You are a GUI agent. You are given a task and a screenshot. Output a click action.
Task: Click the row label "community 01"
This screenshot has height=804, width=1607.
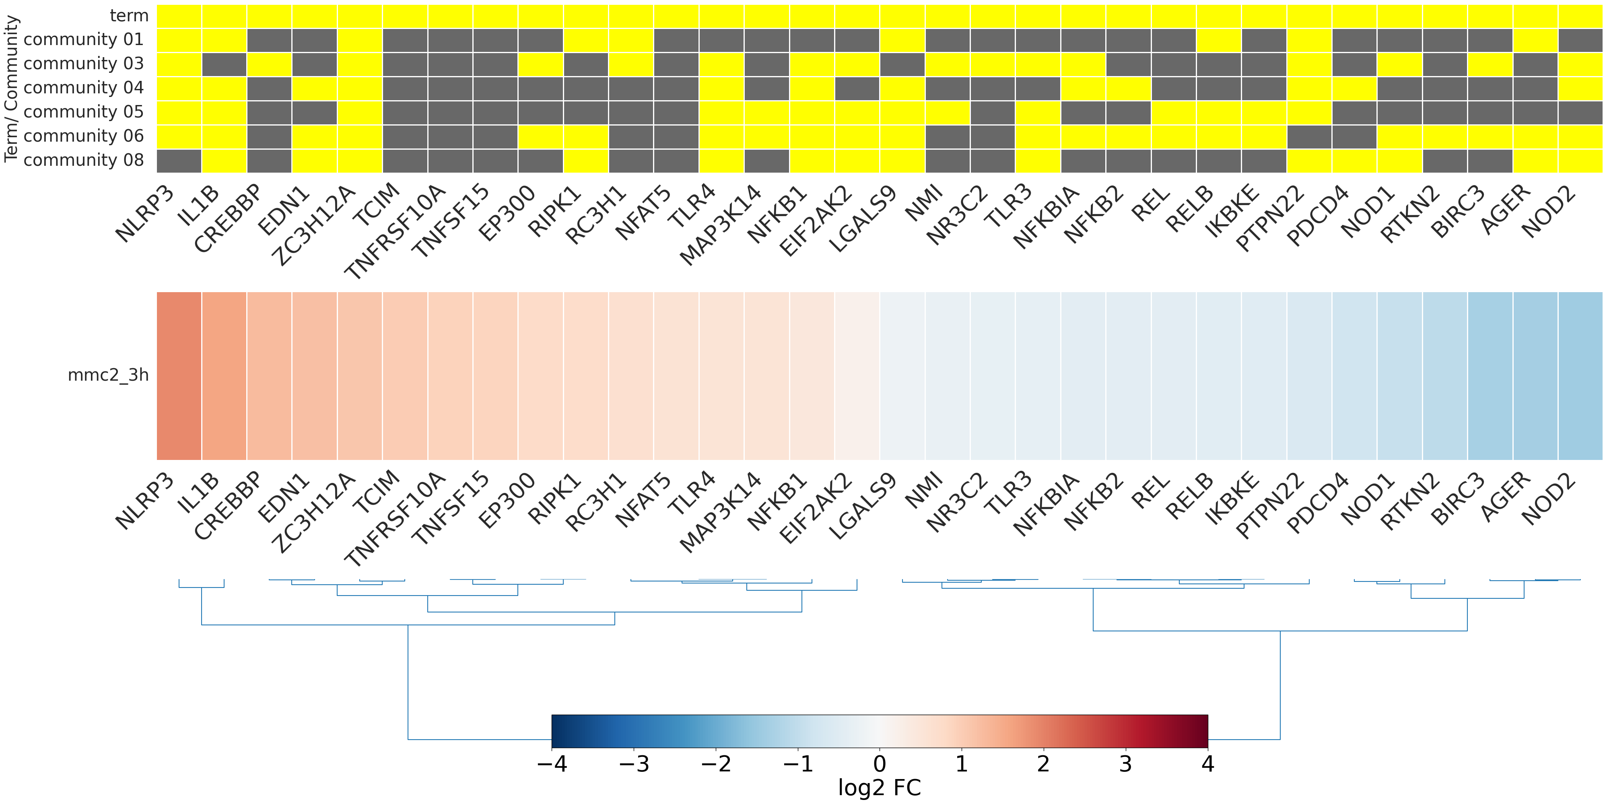[x=84, y=39]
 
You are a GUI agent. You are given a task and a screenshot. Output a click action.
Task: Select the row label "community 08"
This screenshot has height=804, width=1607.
[x=84, y=160]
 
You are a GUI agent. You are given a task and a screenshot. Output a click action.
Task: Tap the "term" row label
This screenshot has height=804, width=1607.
[x=129, y=16]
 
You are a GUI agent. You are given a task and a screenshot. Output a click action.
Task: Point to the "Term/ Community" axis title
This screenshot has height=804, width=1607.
[x=11, y=88]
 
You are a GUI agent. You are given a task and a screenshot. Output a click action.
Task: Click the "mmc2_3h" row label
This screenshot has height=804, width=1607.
[x=108, y=375]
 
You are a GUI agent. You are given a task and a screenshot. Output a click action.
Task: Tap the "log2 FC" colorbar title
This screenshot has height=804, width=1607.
[x=880, y=788]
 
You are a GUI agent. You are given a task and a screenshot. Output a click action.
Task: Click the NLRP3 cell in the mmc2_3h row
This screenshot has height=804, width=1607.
[x=179, y=375]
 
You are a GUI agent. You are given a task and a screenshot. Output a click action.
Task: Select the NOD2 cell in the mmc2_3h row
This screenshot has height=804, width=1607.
[x=1580, y=375]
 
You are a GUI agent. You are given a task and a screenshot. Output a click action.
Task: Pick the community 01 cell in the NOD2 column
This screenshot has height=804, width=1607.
[x=1580, y=40]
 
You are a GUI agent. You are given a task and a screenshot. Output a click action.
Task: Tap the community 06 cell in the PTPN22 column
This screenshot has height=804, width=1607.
[x=1309, y=136]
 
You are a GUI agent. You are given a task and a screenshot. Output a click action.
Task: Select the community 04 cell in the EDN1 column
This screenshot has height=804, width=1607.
[x=314, y=89]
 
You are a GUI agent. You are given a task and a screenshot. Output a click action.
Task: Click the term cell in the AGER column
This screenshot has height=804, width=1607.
[x=1535, y=16]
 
